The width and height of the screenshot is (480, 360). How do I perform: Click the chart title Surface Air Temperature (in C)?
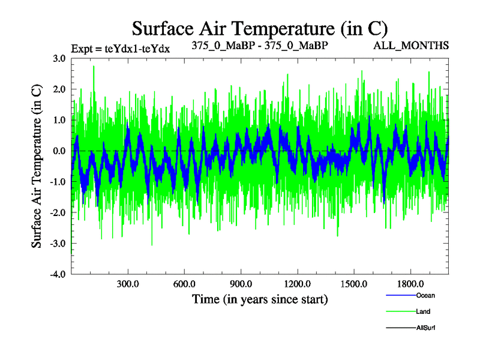click(260, 28)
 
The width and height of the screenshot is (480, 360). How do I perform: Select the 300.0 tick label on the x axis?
click(128, 284)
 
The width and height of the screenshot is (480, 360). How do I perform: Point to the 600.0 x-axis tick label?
click(184, 284)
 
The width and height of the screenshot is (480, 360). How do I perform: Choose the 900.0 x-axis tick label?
click(241, 284)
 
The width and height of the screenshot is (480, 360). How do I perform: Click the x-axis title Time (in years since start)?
click(260, 298)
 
